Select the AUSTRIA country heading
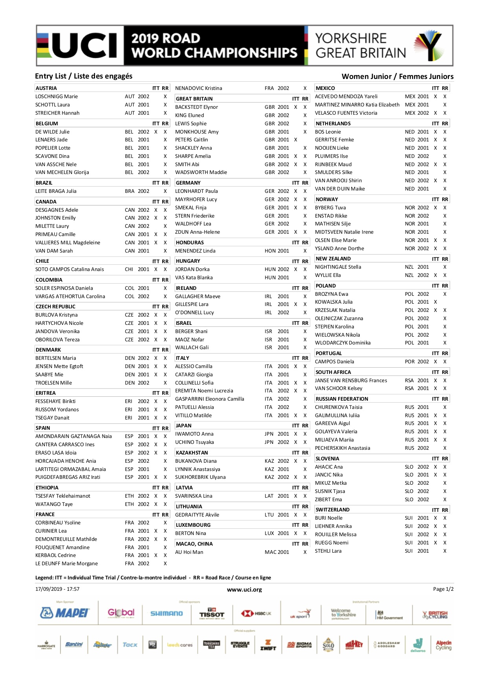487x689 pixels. [x=46, y=88]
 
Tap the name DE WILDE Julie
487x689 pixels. [x=52, y=132]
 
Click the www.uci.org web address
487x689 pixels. [x=244, y=590]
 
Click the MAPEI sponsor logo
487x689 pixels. [x=65, y=613]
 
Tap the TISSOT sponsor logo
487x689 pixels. [x=212, y=613]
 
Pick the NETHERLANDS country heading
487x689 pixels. [x=333, y=124]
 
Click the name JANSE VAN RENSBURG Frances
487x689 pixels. [x=351, y=381]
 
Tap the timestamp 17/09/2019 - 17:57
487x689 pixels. [x=57, y=589]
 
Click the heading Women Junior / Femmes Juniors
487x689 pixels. [x=397, y=77]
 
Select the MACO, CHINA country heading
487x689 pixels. [x=194, y=544]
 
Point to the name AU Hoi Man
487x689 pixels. [x=189, y=552]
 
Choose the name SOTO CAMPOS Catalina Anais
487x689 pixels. [x=70, y=269]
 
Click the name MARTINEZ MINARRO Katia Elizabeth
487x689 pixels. [x=357, y=105]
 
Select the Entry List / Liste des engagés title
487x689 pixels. [x=84, y=76]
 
